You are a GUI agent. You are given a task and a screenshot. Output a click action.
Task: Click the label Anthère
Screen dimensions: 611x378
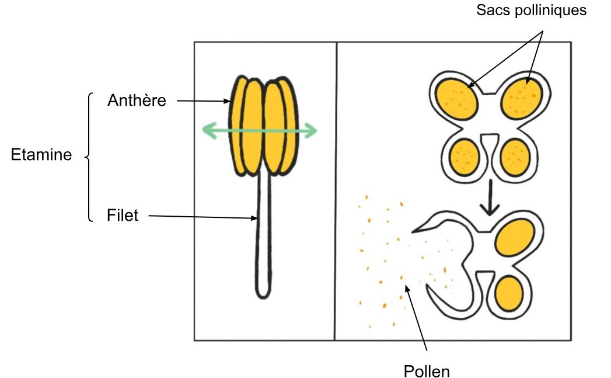pyautogui.click(x=137, y=100)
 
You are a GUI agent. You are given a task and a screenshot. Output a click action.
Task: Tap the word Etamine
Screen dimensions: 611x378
pyautogui.click(x=41, y=154)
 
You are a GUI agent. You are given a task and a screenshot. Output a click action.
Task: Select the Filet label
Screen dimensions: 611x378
pyautogui.click(x=123, y=215)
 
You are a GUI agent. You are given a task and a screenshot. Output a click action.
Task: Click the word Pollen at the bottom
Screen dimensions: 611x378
pyautogui.click(x=427, y=371)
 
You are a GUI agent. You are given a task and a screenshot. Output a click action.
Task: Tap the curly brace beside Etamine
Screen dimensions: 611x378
pyautogui.click(x=89, y=157)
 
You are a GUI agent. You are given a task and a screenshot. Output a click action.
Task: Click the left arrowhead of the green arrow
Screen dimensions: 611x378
pyautogui.click(x=210, y=130)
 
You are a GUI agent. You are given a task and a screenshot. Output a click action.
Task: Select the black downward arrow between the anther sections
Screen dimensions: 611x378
pyautogui.click(x=490, y=197)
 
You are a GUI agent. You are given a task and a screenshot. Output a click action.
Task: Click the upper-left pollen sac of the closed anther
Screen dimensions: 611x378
pyautogui.click(x=457, y=99)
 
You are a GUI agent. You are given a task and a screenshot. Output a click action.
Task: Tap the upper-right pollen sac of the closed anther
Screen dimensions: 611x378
pyautogui.click(x=521, y=99)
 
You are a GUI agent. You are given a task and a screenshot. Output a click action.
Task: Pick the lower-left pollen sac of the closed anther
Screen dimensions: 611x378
pyautogui.click(x=464, y=157)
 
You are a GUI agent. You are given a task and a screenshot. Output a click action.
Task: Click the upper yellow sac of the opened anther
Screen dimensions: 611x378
pyautogui.click(x=515, y=238)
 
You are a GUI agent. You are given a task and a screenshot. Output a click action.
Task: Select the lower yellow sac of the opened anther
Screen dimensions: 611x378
pyautogui.click(x=509, y=293)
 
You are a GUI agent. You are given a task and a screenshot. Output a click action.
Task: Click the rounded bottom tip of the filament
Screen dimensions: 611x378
pyautogui.click(x=263, y=296)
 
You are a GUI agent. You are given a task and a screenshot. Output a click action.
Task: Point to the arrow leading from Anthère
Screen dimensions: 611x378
pyautogui.click(x=204, y=101)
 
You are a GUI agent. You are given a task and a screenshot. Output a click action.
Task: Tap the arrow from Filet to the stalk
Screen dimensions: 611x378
pyautogui.click(x=203, y=217)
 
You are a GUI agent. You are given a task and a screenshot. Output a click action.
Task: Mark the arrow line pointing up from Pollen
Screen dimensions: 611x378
pyautogui.click(x=416, y=318)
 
